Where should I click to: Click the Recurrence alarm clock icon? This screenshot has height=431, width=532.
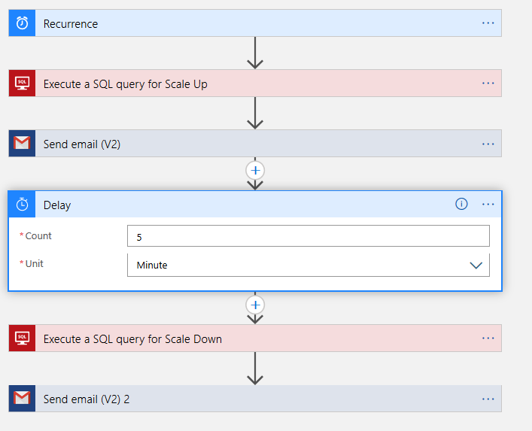coord(23,23)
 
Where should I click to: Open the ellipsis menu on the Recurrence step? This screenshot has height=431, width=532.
coord(488,23)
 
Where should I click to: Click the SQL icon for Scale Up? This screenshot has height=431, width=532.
coord(23,83)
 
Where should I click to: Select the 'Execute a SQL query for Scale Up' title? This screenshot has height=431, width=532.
coord(125,84)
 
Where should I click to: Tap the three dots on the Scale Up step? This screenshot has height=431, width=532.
coord(488,83)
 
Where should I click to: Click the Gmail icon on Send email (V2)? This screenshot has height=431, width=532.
coord(23,144)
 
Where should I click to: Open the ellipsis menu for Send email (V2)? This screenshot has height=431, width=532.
coord(488,144)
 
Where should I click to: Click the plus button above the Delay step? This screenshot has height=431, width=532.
coord(256,171)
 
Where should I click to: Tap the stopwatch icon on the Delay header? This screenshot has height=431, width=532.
coord(23,205)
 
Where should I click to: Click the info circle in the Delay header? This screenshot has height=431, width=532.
coord(461,204)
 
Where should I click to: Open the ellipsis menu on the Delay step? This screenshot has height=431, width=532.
coord(488,204)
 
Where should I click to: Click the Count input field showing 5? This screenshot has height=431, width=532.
coord(308,236)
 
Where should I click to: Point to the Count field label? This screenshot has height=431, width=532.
coord(38,236)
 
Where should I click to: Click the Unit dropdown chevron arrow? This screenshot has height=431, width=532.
coord(476,265)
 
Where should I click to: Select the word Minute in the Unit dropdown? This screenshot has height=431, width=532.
coord(152,265)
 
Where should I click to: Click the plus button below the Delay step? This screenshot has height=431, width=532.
coord(256,305)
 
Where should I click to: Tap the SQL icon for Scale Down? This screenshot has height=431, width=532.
coord(23,338)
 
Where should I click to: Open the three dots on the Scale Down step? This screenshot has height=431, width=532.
coord(488,338)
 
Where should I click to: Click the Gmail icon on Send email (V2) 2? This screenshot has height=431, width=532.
coord(23,399)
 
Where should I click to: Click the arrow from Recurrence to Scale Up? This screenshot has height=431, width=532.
coord(256,53)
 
